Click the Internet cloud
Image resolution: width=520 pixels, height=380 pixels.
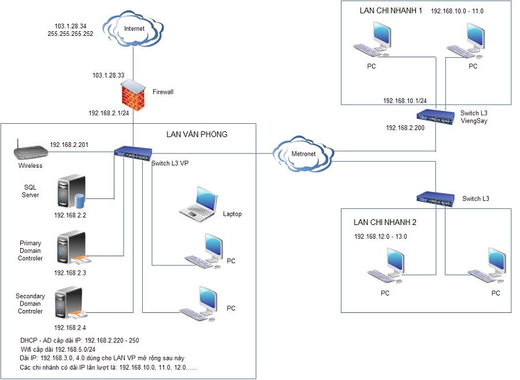[133, 28]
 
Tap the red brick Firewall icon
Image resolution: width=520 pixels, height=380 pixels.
[133, 95]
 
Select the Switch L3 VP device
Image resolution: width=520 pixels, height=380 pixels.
[132, 153]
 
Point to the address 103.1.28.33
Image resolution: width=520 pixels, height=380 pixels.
[108, 75]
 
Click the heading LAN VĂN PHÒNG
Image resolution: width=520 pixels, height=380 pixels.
[196, 134]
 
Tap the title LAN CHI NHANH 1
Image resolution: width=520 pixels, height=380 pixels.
[391, 10]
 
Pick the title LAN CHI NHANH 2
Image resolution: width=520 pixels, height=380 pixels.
[385, 223]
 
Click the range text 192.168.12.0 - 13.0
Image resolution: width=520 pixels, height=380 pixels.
[384, 237]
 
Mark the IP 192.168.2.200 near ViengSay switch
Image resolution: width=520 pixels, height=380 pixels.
[405, 128]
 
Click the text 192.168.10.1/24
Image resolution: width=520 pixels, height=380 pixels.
[404, 101]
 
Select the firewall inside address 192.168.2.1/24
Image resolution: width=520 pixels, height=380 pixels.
[108, 113]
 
